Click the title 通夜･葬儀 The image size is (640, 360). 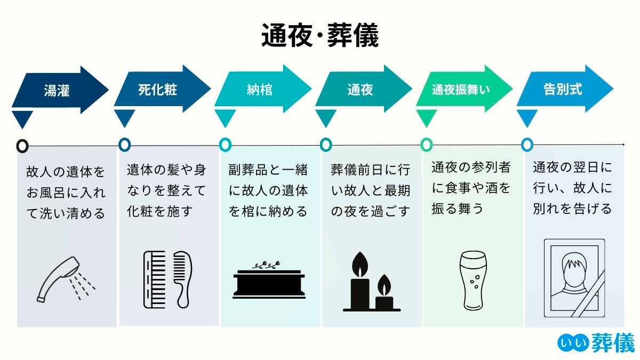coord(319,36)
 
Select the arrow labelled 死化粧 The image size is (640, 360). coord(161,90)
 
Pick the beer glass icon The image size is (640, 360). coord(473,280)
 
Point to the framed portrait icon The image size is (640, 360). coord(574,278)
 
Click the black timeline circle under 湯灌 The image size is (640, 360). coord(22,145)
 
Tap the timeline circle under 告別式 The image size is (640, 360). coord(527,145)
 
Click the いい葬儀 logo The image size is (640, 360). coord(596,343)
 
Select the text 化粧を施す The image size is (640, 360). coord(159,211)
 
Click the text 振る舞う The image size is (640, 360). coord(457,209)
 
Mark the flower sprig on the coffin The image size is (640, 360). coord(267,265)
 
